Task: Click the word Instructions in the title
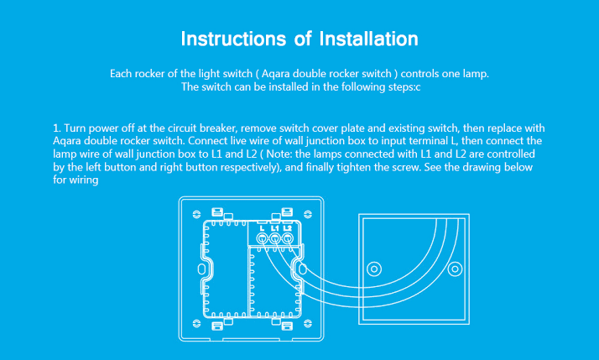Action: (233, 39)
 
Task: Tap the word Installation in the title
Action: (368, 39)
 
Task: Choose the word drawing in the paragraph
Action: (470, 167)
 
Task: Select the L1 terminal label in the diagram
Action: (274, 228)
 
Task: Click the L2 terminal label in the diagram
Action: (287, 228)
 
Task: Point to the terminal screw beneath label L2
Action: (287, 239)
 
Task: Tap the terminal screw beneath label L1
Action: (274, 239)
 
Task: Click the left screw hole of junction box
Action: (374, 269)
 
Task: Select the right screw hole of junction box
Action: (455, 269)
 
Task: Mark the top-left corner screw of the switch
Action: (196, 214)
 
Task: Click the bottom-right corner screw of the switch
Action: (308, 324)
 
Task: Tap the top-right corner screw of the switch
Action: (308, 214)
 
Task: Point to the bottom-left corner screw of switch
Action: (196, 324)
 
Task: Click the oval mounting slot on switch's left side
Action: (201, 269)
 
